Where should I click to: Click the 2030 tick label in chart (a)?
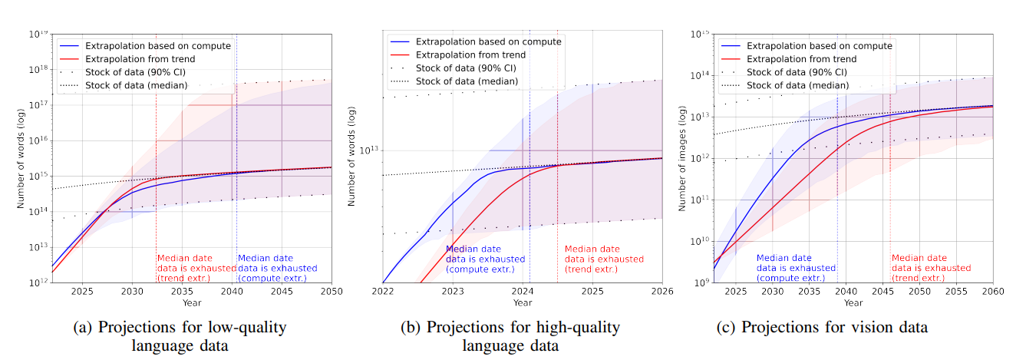pos(132,292)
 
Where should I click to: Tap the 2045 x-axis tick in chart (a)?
pos(282,292)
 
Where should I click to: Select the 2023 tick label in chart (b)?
pos(453,292)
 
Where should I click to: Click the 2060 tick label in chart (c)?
pos(993,292)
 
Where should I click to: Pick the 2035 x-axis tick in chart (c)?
pos(809,292)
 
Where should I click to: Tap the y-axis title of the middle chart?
pos(352,160)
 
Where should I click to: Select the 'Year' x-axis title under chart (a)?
pos(181,303)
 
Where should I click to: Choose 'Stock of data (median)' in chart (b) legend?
pos(467,81)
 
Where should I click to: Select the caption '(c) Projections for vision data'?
pos(822,328)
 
